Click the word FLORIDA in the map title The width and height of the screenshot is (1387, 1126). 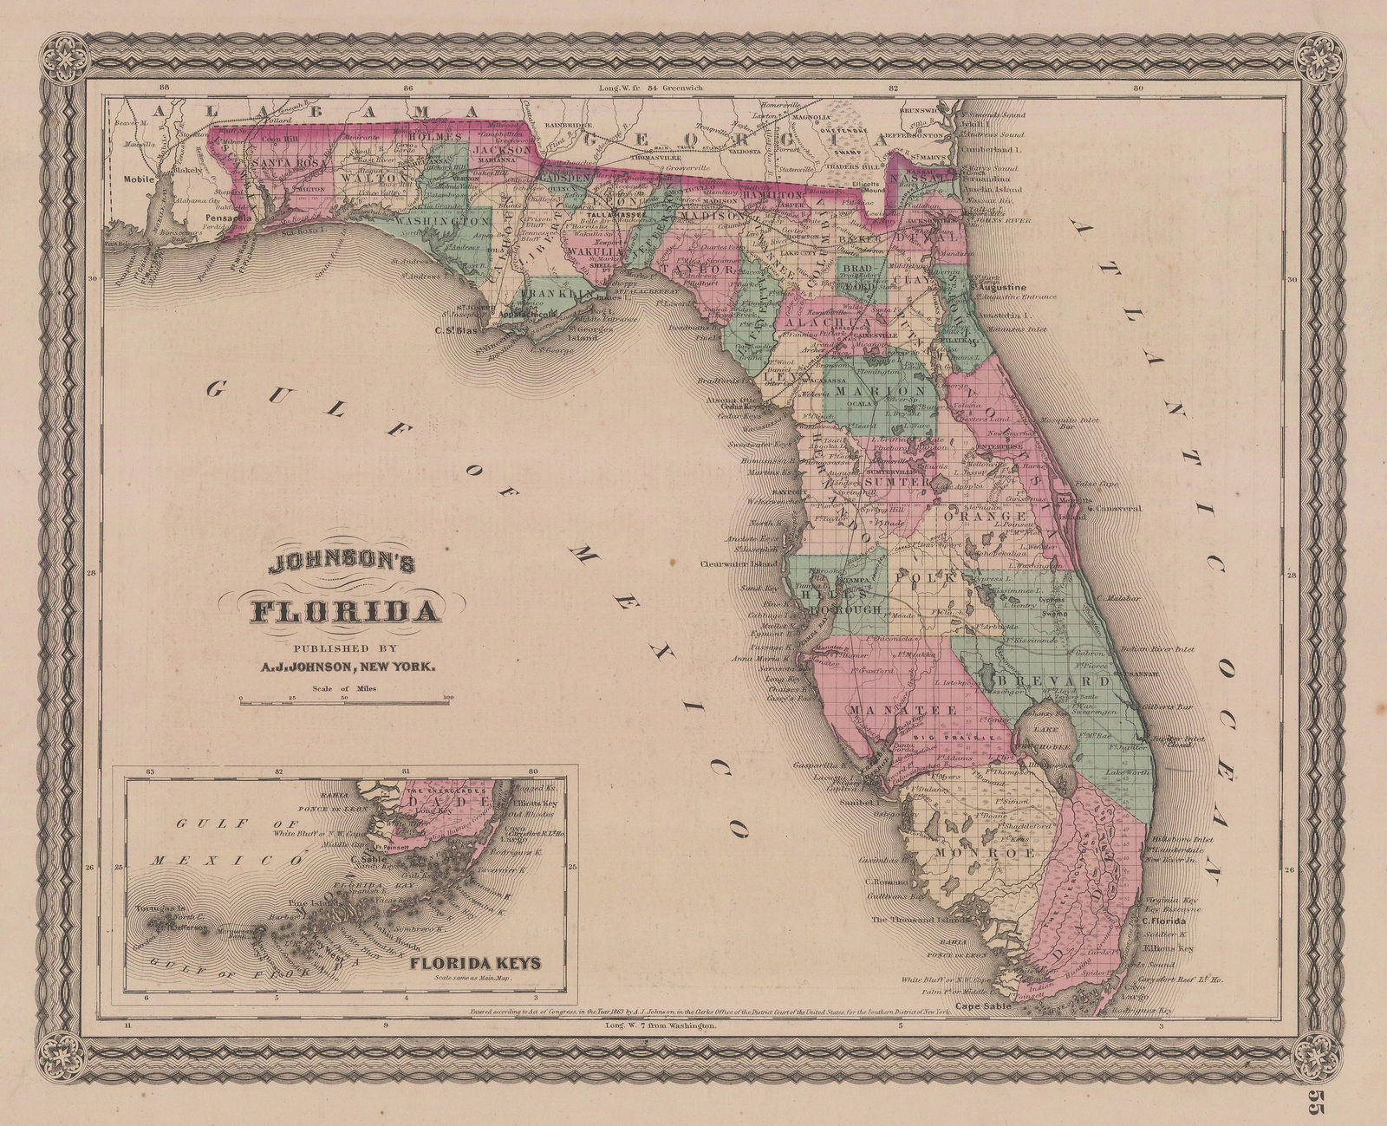point(344,612)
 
